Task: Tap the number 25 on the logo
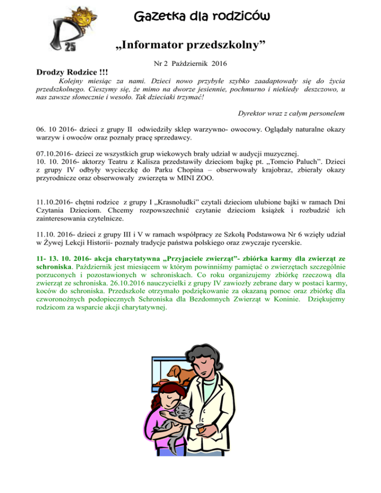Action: (70, 47)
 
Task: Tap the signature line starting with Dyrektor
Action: (283, 114)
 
